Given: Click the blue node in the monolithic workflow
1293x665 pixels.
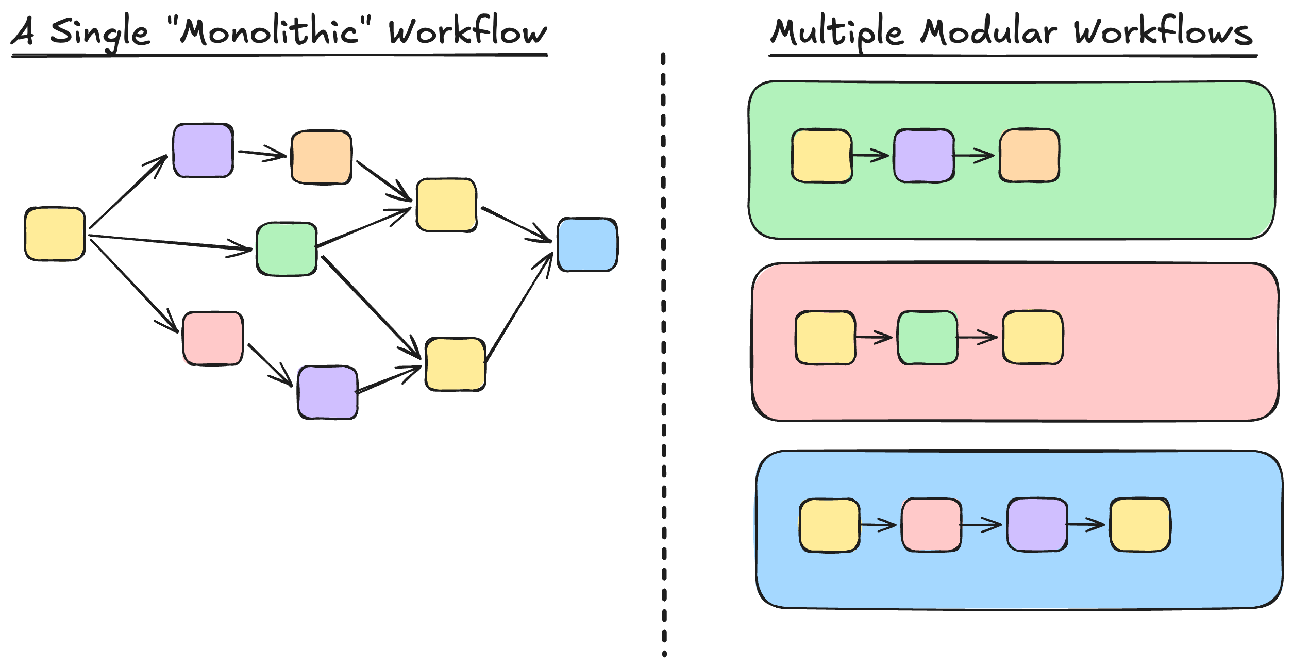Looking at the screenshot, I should pos(587,244).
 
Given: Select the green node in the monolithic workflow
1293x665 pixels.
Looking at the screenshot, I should pos(287,249).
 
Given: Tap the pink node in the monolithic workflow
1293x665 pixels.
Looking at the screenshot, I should pos(212,338).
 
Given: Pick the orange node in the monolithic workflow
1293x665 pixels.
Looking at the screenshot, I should pos(322,157).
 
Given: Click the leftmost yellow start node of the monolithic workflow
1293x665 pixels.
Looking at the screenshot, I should pos(55,234).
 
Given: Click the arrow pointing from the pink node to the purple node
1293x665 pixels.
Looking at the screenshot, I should pos(270,364).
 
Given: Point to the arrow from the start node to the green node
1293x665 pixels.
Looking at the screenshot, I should pos(170,243).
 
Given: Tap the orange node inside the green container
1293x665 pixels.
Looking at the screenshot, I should pos(1029,155).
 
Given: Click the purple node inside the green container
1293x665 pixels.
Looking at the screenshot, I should pos(923,155).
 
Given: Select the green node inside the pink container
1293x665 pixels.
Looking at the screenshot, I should pos(927,338).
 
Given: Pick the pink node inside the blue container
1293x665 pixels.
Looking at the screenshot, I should pos(931,525).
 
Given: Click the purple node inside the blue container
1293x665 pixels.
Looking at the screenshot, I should pos(1037,525).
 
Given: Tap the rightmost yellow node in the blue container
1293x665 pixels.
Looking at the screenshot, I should pos(1140,525).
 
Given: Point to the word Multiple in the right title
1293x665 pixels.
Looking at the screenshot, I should pos(836,32).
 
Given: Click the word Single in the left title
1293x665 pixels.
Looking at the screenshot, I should pos(100,32).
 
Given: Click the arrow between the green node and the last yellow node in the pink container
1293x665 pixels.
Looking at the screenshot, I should pos(977,338).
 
